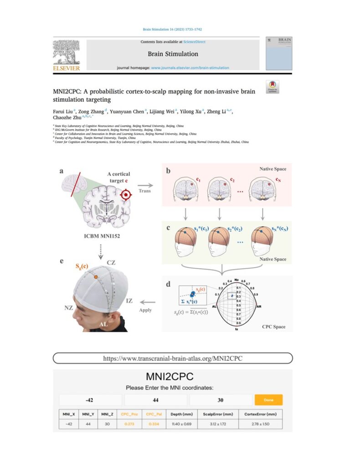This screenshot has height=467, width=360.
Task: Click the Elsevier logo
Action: [x=67, y=56]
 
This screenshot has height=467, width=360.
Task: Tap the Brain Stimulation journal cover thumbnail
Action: [x=278, y=53]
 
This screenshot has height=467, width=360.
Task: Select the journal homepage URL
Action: [x=190, y=67]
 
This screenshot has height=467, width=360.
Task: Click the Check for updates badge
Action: [x=273, y=87]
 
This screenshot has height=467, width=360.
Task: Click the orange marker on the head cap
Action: [x=95, y=277]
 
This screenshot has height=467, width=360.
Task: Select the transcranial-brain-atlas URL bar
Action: [x=173, y=358]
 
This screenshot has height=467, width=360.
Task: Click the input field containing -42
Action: [x=90, y=400]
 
